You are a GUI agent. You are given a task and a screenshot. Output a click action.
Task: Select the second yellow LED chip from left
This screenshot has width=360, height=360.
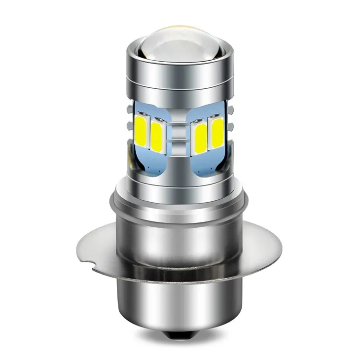157,136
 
